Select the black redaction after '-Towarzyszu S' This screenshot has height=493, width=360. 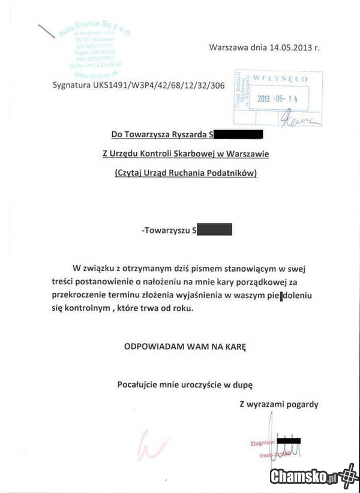coord(214,229)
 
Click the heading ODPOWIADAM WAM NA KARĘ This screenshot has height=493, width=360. coord(185,347)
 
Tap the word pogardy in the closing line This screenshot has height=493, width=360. coord(302,404)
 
